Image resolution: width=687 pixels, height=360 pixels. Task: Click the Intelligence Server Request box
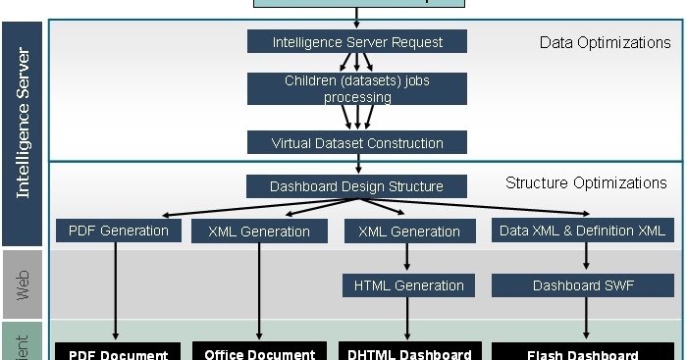point(357,42)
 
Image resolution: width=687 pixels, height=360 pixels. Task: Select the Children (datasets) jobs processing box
point(357,89)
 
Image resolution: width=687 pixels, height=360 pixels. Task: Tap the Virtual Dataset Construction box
point(357,143)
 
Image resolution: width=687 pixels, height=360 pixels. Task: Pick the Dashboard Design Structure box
point(357,186)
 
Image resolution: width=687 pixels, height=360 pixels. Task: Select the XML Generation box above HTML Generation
point(408,231)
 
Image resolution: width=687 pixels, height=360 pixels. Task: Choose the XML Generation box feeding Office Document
point(259,231)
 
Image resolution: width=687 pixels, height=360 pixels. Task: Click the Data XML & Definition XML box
point(583,231)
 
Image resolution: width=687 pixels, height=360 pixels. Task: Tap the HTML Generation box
point(408,285)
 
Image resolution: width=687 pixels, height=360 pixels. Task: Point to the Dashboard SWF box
point(583,285)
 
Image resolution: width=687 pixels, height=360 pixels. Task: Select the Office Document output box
point(259,352)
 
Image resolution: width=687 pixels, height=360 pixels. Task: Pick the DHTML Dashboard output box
point(410,352)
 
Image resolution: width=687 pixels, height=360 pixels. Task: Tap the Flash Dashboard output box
point(583,352)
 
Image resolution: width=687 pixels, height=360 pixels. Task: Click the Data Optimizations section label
point(605,42)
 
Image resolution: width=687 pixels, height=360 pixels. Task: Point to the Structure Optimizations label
point(586,183)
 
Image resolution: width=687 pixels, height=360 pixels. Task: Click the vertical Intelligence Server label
point(24,123)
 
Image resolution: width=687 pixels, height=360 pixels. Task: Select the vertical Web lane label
point(24,285)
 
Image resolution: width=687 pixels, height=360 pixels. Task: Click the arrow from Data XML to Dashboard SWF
point(586,257)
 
